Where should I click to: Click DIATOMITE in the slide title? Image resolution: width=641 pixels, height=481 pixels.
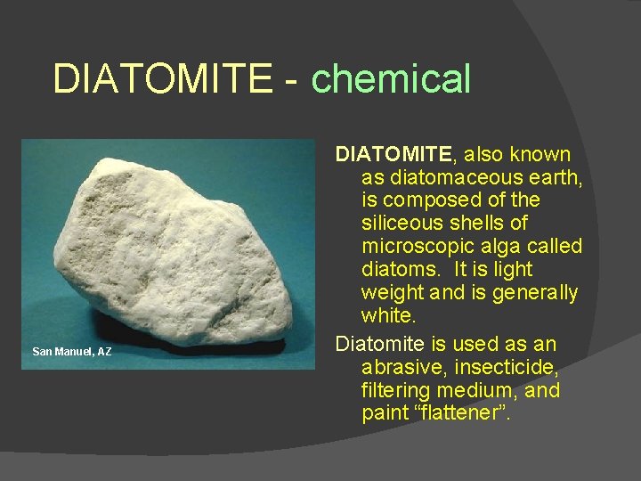pyautogui.click(x=162, y=78)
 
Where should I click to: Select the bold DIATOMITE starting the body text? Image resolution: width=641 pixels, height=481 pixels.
pyautogui.click(x=394, y=154)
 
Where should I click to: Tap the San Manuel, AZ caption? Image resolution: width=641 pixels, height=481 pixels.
pyautogui.click(x=72, y=352)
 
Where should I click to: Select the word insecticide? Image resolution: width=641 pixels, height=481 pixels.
pyautogui.click(x=518, y=367)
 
